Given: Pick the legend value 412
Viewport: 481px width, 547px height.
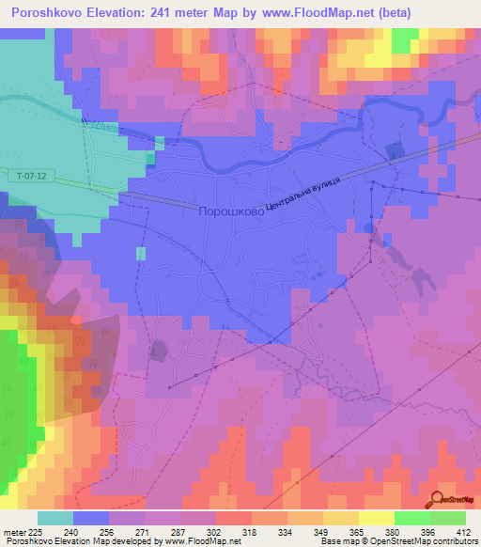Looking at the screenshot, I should click(464, 532).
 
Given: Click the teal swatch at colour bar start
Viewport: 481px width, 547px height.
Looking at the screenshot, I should click(54, 518).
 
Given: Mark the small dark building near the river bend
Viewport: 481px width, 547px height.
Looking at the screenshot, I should click(393, 149).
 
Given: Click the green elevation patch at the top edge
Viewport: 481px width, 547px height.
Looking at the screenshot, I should click(404, 40).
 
